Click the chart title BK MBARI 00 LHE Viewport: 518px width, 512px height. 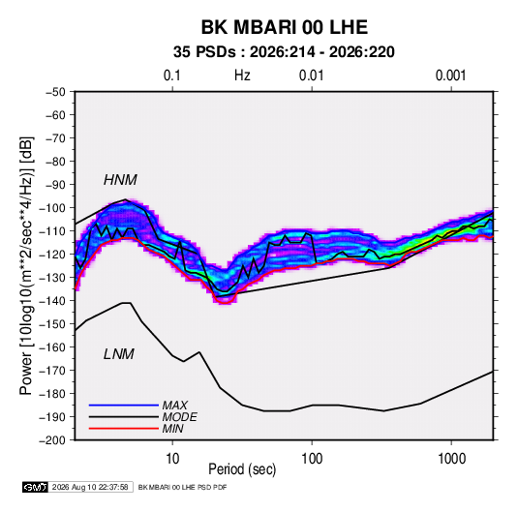click(284, 27)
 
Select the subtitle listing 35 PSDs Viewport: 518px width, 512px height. click(284, 52)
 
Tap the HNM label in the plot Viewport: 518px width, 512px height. click(120, 180)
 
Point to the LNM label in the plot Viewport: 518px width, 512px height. click(119, 354)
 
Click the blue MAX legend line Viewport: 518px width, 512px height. click(124, 405)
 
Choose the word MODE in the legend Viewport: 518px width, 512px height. click(180, 417)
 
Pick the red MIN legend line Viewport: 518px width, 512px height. click(124, 429)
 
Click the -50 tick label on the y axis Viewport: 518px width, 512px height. click(55, 92)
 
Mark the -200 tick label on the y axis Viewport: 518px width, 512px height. click(52, 440)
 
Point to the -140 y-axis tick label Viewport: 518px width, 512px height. click(52, 301)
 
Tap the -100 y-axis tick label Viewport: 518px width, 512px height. click(52, 208)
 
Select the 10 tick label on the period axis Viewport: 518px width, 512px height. click(172, 459)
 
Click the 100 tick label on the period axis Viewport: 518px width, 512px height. click(312, 459)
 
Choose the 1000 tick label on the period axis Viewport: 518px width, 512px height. click(451, 459)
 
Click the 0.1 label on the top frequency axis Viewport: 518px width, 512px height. click(172, 75)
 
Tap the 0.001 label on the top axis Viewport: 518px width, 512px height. click(450, 75)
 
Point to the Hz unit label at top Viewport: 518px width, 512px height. click(242, 75)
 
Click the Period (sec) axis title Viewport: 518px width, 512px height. click(242, 469)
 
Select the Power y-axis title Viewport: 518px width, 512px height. click(26, 265)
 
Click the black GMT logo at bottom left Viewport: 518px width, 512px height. click(35, 487)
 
